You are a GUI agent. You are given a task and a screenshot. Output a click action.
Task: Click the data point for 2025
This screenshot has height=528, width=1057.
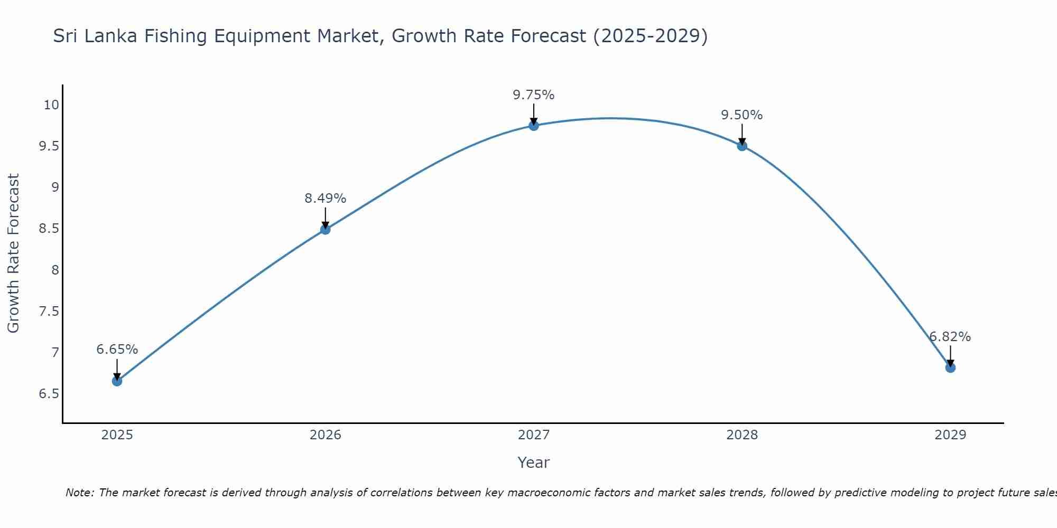coord(117,381)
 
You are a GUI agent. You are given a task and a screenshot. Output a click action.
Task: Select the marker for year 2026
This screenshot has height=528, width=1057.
coord(325,229)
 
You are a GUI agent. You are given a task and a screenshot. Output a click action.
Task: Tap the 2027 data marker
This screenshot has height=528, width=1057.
coord(533,125)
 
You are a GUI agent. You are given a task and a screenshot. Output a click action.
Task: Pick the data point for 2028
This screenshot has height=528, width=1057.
coord(742,146)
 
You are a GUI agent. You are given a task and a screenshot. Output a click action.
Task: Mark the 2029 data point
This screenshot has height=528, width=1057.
coord(950,367)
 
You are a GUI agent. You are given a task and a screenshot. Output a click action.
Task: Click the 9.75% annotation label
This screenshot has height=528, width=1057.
coord(533,95)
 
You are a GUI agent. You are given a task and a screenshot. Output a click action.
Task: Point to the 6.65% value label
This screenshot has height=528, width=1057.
coord(117,350)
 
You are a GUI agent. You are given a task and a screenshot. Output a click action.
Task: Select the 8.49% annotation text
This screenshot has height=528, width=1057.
coord(325,199)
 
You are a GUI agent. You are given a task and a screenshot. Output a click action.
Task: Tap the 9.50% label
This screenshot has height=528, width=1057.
coord(742,115)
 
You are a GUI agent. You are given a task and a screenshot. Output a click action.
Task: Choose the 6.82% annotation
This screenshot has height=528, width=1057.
coord(950,337)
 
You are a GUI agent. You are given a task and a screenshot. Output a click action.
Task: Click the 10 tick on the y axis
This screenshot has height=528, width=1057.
coord(51,105)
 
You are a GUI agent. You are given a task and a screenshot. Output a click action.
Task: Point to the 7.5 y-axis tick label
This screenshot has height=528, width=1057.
coord(49,312)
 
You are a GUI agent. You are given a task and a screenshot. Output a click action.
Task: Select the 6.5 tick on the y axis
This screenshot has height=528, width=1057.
coord(49,394)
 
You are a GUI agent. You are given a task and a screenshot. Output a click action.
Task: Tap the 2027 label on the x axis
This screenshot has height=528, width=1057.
coord(533,435)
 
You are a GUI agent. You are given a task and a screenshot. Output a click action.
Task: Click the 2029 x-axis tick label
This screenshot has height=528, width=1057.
coord(950,435)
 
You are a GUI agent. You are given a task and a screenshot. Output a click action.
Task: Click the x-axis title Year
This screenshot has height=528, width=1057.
coord(533,463)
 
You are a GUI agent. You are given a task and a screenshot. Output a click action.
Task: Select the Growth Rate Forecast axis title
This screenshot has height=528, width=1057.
coord(13,253)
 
